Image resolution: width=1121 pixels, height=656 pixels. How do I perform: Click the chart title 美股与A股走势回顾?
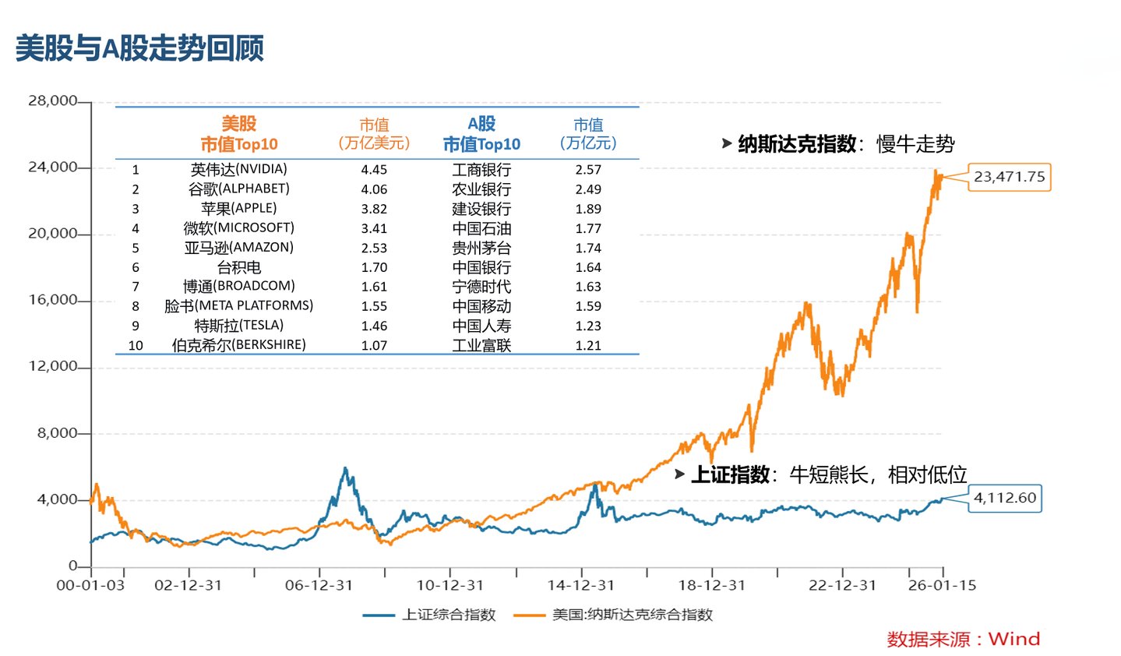click(139, 48)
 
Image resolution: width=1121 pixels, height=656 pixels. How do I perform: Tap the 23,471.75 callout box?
click(1010, 177)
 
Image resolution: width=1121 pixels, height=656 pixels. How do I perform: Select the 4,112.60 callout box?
click(1005, 499)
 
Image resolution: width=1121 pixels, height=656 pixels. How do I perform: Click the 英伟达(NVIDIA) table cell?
click(238, 170)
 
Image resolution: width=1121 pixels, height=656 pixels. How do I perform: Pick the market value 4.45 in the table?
click(374, 170)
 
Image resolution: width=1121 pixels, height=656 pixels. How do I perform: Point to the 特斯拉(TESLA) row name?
click(238, 326)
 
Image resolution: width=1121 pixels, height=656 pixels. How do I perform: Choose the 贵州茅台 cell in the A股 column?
click(481, 248)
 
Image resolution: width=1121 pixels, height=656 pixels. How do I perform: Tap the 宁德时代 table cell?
click(481, 287)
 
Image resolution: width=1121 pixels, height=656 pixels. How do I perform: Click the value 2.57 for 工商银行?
click(588, 170)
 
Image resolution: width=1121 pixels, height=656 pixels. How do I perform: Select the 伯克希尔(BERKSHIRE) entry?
click(238, 345)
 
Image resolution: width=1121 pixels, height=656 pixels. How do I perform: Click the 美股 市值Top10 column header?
click(238, 133)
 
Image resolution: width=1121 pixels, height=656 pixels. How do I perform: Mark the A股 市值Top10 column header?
click(481, 133)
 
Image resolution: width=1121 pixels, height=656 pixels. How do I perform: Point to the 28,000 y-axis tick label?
click(52, 101)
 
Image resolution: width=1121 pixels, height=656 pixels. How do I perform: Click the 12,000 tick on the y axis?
click(52, 366)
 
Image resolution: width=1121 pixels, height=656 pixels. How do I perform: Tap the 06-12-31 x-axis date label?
click(319, 585)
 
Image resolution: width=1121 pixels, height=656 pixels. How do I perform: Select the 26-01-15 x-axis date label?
click(942, 585)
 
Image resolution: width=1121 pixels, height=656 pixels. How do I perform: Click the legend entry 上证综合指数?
click(429, 615)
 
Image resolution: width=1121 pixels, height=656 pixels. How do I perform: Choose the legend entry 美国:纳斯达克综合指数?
click(613, 615)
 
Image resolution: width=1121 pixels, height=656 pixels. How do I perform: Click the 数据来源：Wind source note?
click(964, 640)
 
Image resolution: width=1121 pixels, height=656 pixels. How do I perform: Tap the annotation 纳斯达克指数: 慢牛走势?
click(838, 145)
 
